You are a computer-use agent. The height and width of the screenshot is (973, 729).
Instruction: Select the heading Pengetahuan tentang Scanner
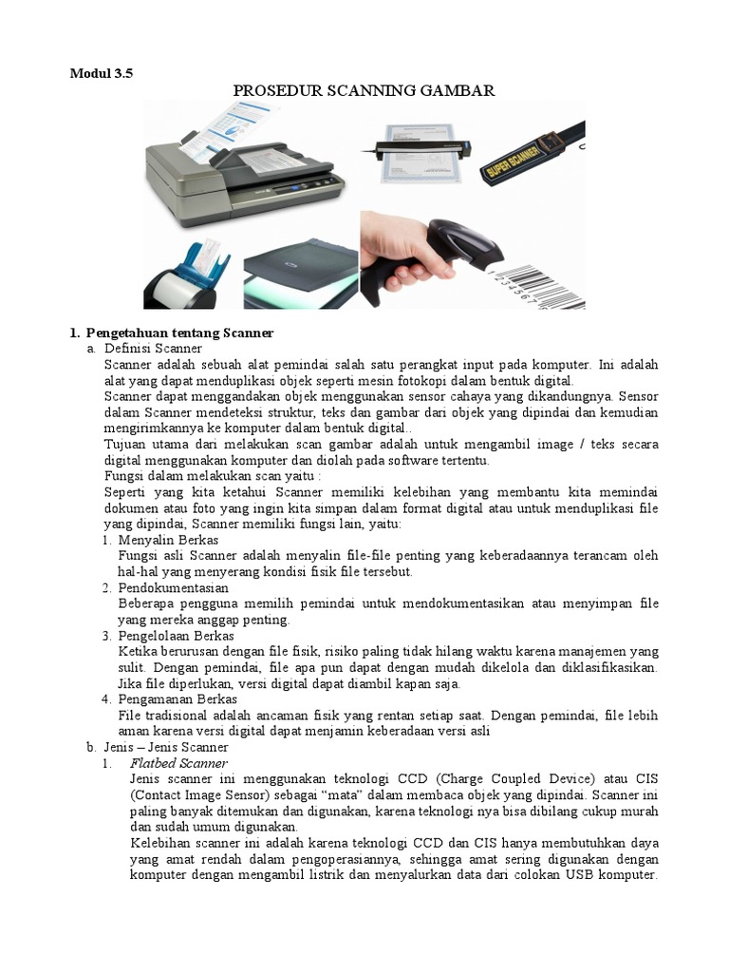(179, 334)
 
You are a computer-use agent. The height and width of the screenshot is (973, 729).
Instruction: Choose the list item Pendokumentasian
(174, 588)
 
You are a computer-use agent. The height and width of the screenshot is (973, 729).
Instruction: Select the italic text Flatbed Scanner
(178, 763)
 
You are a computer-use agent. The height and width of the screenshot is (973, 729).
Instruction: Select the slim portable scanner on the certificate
(418, 149)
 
